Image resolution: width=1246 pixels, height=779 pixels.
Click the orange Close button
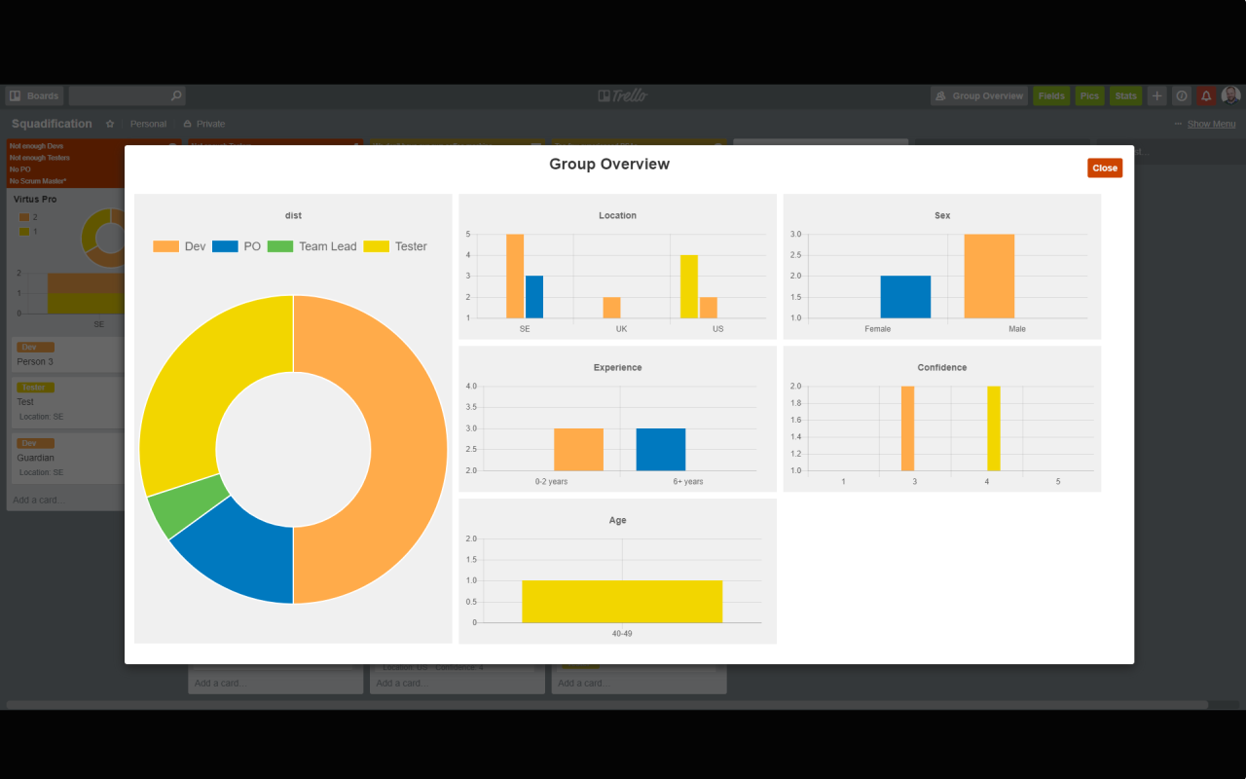point(1104,168)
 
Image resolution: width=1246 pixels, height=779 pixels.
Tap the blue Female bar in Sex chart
point(905,297)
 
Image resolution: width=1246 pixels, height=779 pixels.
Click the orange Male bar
point(989,277)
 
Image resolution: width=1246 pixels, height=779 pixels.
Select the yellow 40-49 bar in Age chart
point(622,601)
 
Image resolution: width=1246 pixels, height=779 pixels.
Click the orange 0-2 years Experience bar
point(578,450)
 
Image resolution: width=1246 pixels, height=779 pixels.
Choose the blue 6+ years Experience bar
point(661,450)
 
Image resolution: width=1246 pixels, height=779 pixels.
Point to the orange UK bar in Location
point(611,308)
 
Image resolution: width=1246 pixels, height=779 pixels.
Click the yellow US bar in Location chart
point(689,286)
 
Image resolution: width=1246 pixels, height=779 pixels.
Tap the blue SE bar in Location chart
point(534,297)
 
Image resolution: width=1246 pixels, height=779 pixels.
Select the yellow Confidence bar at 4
point(994,428)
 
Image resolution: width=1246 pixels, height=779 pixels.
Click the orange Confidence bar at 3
point(907,428)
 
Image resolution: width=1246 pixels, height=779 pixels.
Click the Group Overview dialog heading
point(609,165)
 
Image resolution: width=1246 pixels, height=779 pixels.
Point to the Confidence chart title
point(942,368)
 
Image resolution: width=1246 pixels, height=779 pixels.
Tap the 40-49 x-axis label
point(622,634)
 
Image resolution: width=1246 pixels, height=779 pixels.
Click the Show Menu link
point(1211,125)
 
